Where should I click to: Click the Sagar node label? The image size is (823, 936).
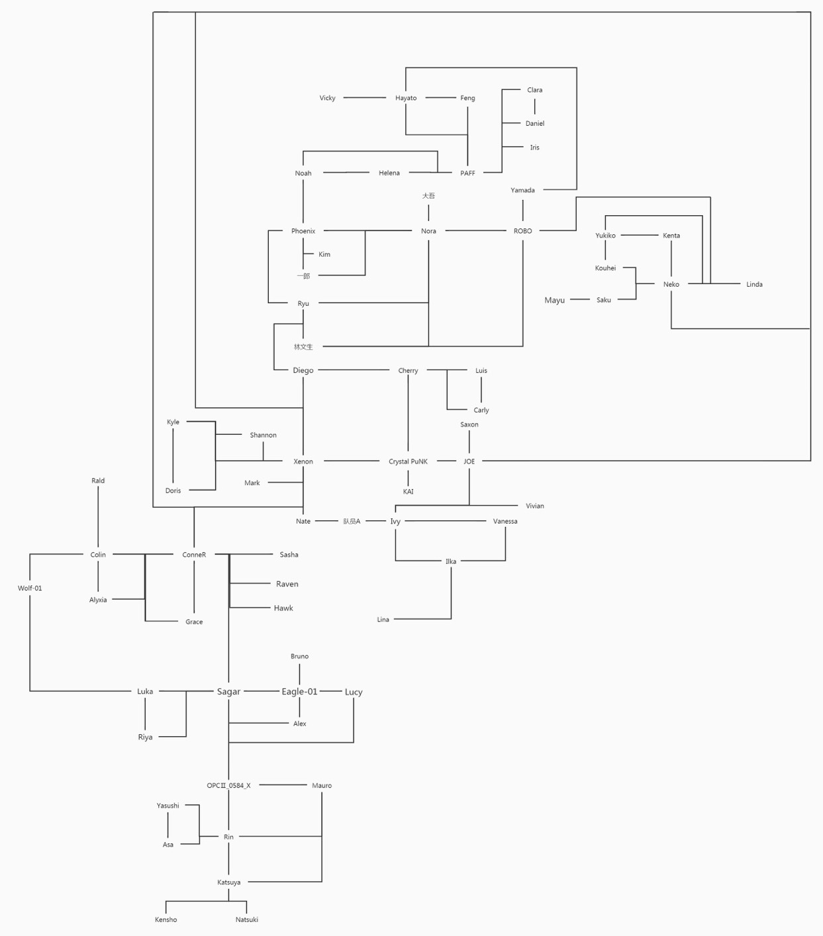(228, 691)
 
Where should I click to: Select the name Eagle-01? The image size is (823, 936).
(299, 691)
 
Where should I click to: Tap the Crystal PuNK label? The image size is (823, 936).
(408, 461)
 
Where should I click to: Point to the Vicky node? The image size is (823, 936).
(327, 98)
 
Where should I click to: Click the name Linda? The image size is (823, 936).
(754, 284)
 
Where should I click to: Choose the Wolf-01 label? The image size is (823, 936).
(30, 588)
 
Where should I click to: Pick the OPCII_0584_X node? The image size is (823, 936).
(228, 785)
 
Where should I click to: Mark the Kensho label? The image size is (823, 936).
(166, 919)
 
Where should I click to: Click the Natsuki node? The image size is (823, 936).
(247, 919)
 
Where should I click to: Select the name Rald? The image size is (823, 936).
(98, 481)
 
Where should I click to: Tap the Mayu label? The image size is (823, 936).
(555, 300)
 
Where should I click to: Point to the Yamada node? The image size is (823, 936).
(522, 190)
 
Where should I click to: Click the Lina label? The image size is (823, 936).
(383, 619)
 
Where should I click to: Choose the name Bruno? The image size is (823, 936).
(299, 656)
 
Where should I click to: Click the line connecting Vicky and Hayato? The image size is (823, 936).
(365, 97)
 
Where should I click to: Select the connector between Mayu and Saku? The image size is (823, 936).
(580, 299)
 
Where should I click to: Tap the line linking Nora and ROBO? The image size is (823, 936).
(476, 230)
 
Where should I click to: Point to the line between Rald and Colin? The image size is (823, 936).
(98, 516)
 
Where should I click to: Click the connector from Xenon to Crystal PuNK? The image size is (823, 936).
(352, 461)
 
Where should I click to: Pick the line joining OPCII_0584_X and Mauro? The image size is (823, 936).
(283, 785)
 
